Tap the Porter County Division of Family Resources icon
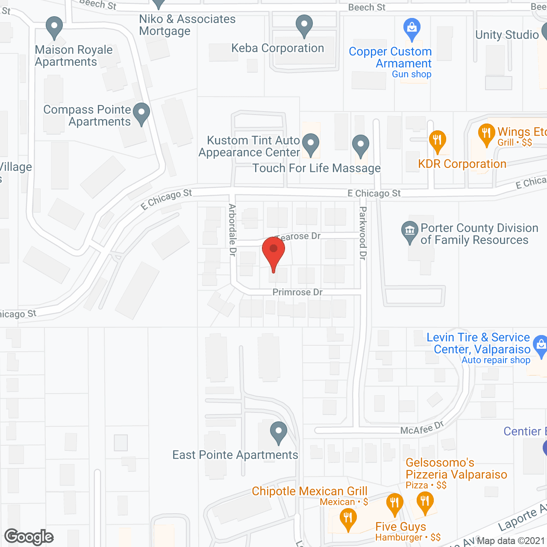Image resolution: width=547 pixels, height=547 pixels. tap(409, 231)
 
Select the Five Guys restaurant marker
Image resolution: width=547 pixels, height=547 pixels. tap(394, 503)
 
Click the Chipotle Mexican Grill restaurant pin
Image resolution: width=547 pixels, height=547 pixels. tap(348, 519)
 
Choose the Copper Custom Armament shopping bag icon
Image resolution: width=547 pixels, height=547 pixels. tap(412, 28)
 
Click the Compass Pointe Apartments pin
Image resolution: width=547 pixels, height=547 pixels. tap(141, 113)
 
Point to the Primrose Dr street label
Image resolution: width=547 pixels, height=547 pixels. tap(297, 292)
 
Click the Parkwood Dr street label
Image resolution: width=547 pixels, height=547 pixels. tap(363, 233)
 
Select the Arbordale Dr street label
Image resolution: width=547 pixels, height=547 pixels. tap(232, 230)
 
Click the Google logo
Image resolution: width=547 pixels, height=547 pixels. tap(29, 537)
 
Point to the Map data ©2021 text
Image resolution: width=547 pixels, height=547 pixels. tap(511, 541)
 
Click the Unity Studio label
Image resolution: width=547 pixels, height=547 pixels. tap(507, 35)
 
